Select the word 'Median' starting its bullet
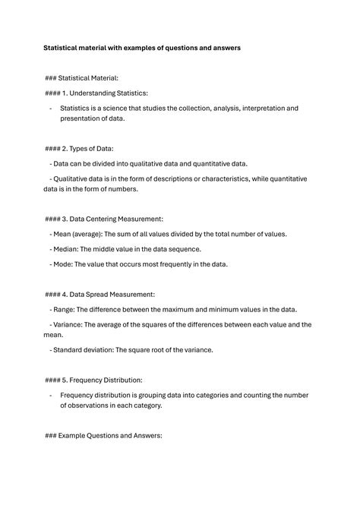[x=67, y=249]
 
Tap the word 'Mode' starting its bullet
[x=63, y=264]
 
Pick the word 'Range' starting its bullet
[x=65, y=309]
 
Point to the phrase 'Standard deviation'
[x=83, y=350]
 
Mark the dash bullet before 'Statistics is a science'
[x=51, y=109]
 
